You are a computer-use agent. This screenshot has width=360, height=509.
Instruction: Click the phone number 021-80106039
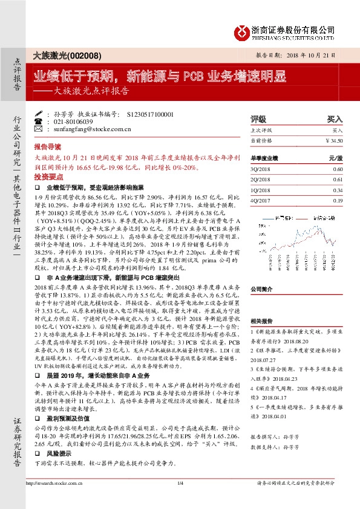[73, 122]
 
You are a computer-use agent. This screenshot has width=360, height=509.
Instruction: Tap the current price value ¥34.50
[333, 140]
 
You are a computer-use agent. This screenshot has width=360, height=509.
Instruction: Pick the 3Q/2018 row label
[262, 170]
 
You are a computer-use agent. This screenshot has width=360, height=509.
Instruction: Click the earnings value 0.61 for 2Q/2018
[337, 180]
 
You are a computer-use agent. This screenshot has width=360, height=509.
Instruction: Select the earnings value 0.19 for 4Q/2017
[337, 200]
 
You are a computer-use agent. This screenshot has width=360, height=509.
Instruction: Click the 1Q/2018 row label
[262, 190]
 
